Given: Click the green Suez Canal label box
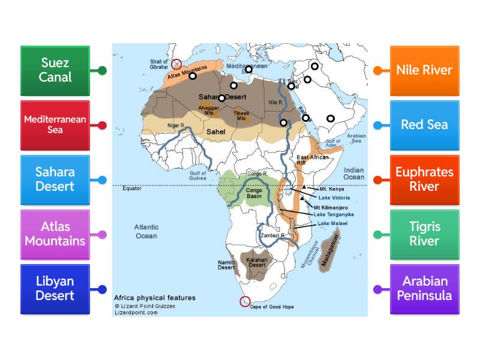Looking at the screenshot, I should coord(55,70).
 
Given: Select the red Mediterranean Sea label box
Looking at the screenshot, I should coord(55,125).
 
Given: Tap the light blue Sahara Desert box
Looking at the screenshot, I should coord(55,179).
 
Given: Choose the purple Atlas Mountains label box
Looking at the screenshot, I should coord(55,234).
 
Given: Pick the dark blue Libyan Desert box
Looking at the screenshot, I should coord(55,289).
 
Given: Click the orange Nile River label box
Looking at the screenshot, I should coord(424,70).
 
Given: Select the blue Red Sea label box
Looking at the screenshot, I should coord(424,125).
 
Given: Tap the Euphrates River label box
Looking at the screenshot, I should coord(424,179).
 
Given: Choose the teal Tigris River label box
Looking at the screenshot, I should coord(424,234).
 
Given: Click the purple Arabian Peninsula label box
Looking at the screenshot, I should coord(424,289).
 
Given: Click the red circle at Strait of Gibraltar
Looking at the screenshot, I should coord(176,64).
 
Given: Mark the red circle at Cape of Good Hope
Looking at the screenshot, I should coord(244,301).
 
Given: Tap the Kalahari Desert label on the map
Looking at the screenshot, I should coord(257,262).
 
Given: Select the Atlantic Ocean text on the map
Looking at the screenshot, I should coord(146,232).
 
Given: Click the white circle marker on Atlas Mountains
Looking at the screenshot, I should coord(193,76).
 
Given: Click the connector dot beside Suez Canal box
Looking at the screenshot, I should coord(103,71).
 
